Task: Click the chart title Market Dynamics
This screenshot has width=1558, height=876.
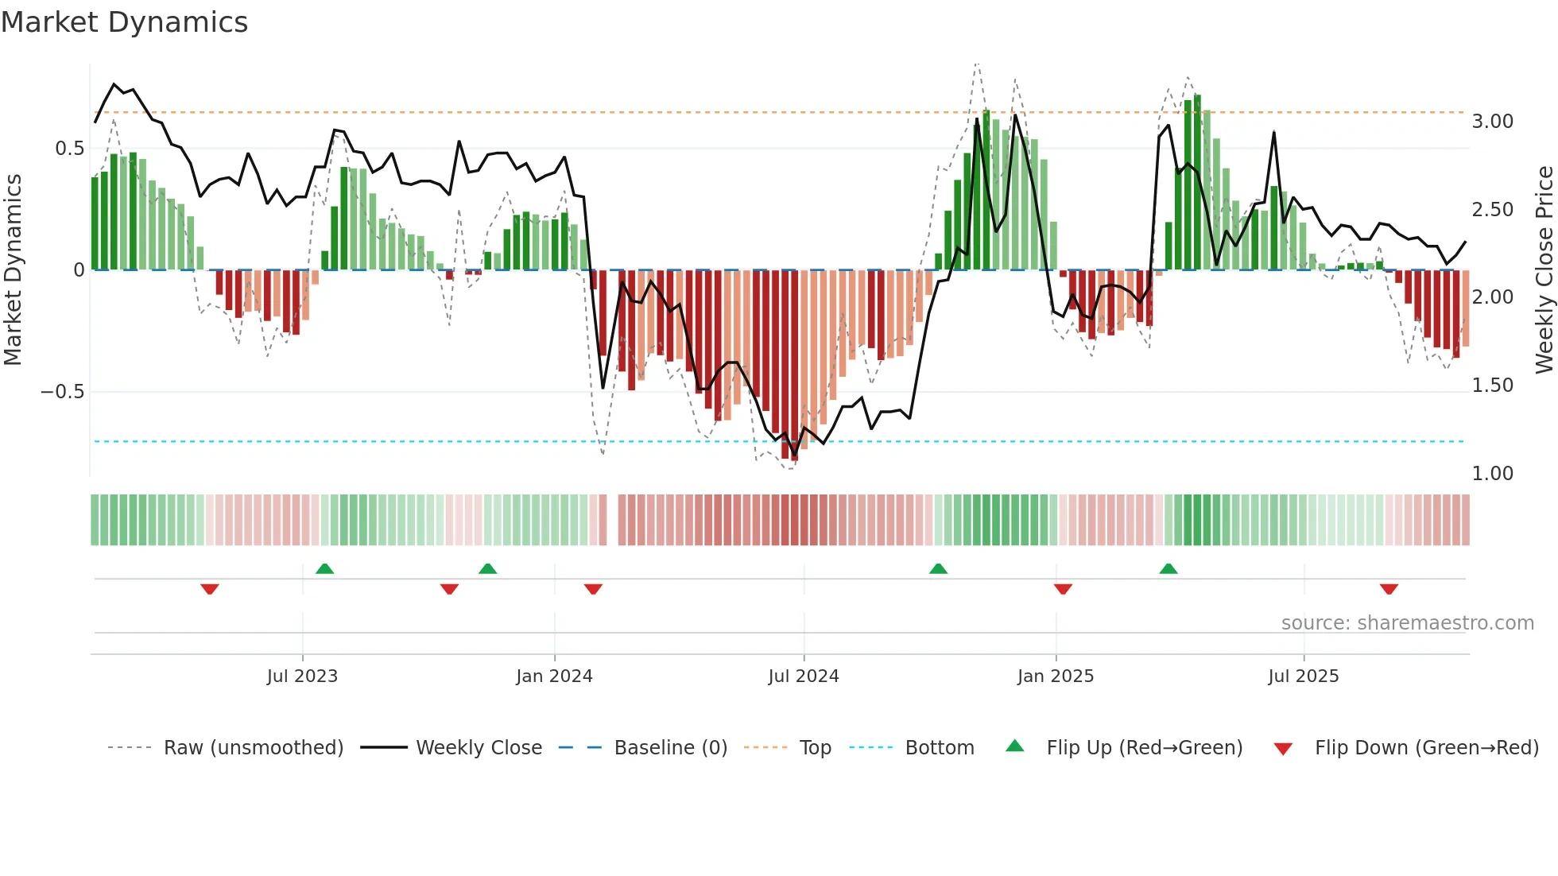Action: pos(124,22)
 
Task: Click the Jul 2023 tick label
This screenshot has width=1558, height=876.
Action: pos(302,676)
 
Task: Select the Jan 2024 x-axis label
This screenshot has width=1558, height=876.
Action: pos(554,676)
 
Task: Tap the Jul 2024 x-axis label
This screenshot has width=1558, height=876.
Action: pos(803,676)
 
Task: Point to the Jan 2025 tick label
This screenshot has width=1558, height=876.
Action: pos(1055,676)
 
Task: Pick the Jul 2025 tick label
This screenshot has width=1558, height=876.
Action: pos(1303,676)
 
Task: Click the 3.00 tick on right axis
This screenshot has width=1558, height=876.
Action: pos(1492,122)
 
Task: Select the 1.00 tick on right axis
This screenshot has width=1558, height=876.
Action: pos(1492,474)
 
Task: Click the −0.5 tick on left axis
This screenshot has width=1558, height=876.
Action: pos(62,392)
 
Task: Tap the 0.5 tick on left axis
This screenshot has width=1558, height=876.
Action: pos(69,149)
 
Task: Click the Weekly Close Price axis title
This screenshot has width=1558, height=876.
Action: pos(1544,269)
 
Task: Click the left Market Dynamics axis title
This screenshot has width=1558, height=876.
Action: pos(13,269)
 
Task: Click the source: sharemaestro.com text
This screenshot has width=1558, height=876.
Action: pos(1407,623)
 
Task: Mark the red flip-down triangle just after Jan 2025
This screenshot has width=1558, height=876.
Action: pos(1063,589)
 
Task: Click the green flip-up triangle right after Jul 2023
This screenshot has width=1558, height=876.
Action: pos(324,568)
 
